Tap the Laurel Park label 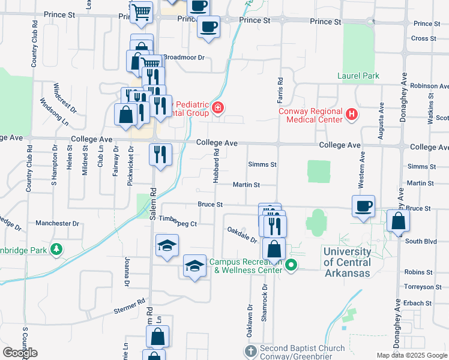coord(358,76)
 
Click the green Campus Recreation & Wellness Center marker coord(292,265)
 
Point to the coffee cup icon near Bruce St coord(363,206)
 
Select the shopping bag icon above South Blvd coord(399,221)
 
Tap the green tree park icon coord(56,248)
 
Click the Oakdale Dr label coord(241,235)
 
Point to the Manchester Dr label coord(58,223)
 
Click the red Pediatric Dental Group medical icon coord(218,109)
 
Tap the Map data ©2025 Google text coord(412,355)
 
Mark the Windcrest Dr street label coord(65,98)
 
